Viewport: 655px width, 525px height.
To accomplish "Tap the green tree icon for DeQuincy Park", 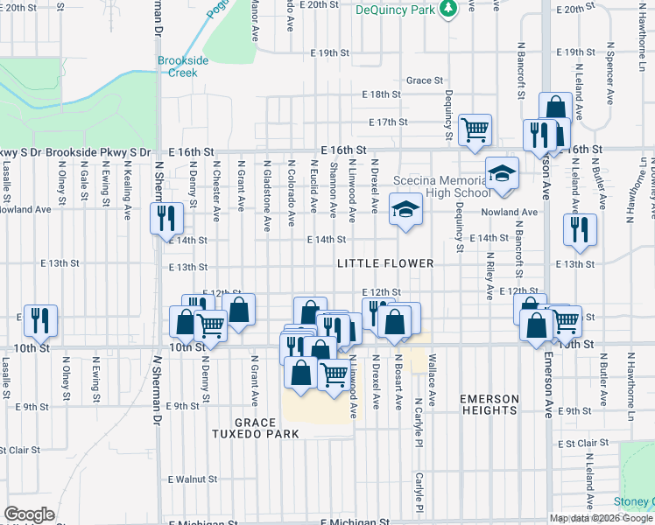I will click(x=448, y=8).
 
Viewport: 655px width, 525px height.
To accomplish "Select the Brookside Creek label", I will click(x=183, y=66).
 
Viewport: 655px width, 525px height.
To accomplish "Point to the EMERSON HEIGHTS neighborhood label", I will click(x=489, y=404).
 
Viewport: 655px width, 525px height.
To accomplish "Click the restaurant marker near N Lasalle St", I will click(x=40, y=320).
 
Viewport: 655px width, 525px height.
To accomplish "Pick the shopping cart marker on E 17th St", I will click(x=475, y=129).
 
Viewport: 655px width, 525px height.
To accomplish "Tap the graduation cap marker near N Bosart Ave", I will click(x=405, y=210).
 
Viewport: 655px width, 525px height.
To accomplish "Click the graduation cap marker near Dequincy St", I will click(x=502, y=173).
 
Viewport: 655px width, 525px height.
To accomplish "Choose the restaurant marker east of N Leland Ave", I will click(x=580, y=230).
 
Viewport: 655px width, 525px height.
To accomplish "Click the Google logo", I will click(x=29, y=514).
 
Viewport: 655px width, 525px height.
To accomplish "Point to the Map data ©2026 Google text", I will click(x=600, y=518).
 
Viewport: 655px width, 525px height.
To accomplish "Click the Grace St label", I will click(x=424, y=80).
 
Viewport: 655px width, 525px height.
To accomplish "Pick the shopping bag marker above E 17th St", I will click(x=555, y=108).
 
